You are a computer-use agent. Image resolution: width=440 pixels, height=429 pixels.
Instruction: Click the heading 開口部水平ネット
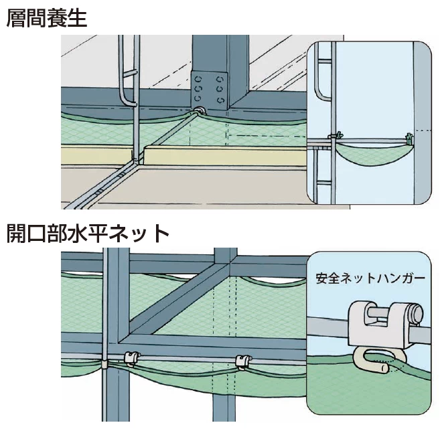(x=88, y=234)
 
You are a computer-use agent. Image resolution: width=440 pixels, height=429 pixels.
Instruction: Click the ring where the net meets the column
(x=199, y=109)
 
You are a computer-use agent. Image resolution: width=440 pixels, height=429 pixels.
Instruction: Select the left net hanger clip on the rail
(x=131, y=358)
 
